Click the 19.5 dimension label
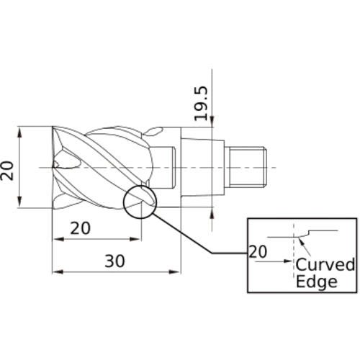coord(200,104)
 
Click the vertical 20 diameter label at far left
coord(6,171)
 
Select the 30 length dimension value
coord(114,261)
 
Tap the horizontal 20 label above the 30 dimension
coord(81,228)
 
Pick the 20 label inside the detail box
coord(258,251)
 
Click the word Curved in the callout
coord(325,264)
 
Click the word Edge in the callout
coord(317,282)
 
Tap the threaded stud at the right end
coord(247,167)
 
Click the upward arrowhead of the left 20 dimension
coord(19,132)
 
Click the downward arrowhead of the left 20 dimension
coord(19,202)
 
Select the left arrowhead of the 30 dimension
coord(58,271)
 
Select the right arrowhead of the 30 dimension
coord(174,271)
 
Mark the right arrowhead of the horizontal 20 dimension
coord(135,239)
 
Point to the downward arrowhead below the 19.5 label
coord(212,121)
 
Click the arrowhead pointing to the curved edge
coord(301,241)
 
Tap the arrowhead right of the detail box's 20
coord(288,261)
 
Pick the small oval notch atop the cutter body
coord(155,131)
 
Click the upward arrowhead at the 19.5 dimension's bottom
coord(212,213)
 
